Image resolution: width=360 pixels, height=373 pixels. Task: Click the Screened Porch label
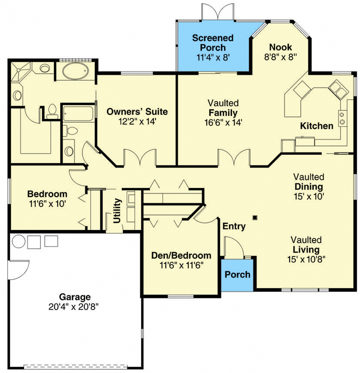coord(213,42)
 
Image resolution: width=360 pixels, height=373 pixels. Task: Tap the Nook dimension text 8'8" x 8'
coord(280,57)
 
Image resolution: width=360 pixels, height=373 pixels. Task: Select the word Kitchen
coord(317,126)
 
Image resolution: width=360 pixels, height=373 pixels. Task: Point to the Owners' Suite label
coord(137,111)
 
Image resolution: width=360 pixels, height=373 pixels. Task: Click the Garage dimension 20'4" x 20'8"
coord(74,307)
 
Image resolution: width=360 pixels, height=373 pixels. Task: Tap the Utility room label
coord(117,211)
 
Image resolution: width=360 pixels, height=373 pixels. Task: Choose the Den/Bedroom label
coord(181,255)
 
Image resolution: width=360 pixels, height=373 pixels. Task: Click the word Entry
coord(234,226)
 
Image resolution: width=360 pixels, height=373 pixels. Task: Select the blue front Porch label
coord(238,275)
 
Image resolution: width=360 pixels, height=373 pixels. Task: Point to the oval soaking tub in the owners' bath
coord(75,71)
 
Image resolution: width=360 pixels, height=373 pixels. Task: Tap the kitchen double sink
coord(339,89)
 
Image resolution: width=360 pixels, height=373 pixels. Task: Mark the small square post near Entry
coord(255,217)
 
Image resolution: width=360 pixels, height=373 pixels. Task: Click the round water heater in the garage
coord(19,242)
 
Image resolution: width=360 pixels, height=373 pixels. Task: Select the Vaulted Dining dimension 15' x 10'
coord(309,196)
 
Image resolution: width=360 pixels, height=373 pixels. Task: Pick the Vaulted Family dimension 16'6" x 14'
coord(223,123)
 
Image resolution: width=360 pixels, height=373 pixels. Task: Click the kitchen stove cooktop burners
coord(342,118)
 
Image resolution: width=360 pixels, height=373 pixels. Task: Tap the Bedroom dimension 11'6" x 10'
coord(48,204)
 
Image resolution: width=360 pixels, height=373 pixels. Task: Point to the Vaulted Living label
coord(306,245)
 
